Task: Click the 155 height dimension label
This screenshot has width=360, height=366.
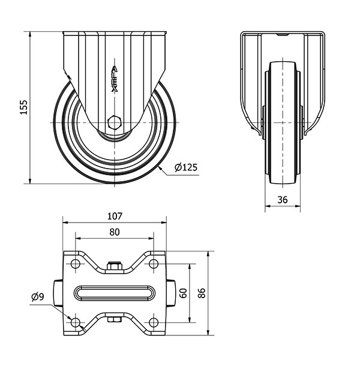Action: pyautogui.click(x=23, y=107)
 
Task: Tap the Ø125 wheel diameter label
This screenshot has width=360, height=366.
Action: pyautogui.click(x=186, y=167)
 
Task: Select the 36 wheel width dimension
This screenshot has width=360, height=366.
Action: pyautogui.click(x=283, y=200)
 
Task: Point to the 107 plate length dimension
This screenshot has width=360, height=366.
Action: pyautogui.click(x=115, y=216)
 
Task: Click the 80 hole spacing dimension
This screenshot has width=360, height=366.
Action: pyautogui.click(x=115, y=232)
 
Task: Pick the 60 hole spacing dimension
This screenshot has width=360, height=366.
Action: pyautogui.click(x=184, y=293)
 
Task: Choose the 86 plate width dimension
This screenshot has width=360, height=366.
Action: pyautogui.click(x=202, y=293)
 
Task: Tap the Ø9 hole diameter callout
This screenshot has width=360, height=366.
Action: pyautogui.click(x=38, y=296)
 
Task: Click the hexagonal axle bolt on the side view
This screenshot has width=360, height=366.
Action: pyautogui.click(x=115, y=122)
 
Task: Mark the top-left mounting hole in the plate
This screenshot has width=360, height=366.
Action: pyautogui.click(x=76, y=264)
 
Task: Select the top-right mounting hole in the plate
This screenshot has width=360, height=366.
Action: pyautogui.click(x=153, y=264)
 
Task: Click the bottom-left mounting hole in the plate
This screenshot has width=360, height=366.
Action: pyautogui.click(x=76, y=322)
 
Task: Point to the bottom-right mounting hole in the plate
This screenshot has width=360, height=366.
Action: pyautogui.click(x=153, y=322)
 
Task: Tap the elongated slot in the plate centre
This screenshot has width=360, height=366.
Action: pyautogui.click(x=115, y=293)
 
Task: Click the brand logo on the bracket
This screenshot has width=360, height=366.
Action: pyautogui.click(x=115, y=79)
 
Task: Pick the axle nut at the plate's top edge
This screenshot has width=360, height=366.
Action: pyautogui.click(x=115, y=266)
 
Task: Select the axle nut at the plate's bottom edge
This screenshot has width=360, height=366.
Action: pyautogui.click(x=115, y=319)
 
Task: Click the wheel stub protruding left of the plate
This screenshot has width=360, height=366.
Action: pyautogui.click(x=58, y=293)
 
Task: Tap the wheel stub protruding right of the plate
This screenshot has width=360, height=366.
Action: pyautogui.click(x=170, y=293)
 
